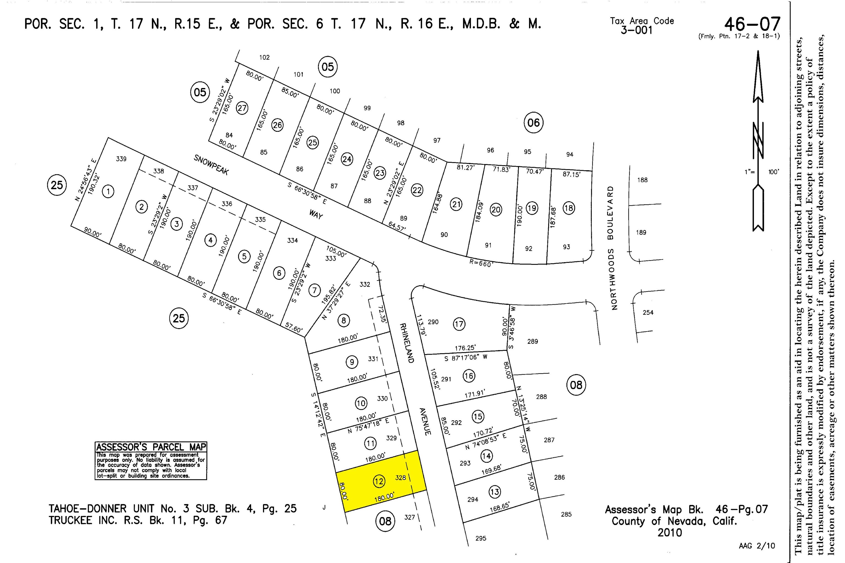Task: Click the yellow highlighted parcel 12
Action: point(381,481)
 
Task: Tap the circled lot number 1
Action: point(108,191)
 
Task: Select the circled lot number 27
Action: point(242,108)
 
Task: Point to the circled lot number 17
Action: point(459,324)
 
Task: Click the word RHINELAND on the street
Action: point(407,343)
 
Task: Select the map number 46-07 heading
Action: point(752,24)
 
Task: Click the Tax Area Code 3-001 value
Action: point(636,30)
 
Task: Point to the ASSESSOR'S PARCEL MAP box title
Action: point(151,447)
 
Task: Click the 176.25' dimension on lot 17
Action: point(465,347)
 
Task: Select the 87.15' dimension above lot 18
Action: point(571,175)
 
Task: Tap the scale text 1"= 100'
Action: point(762,172)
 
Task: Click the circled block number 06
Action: point(534,123)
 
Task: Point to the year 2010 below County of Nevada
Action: point(670,532)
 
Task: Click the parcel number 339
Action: point(121,159)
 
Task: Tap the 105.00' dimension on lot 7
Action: point(336,251)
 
